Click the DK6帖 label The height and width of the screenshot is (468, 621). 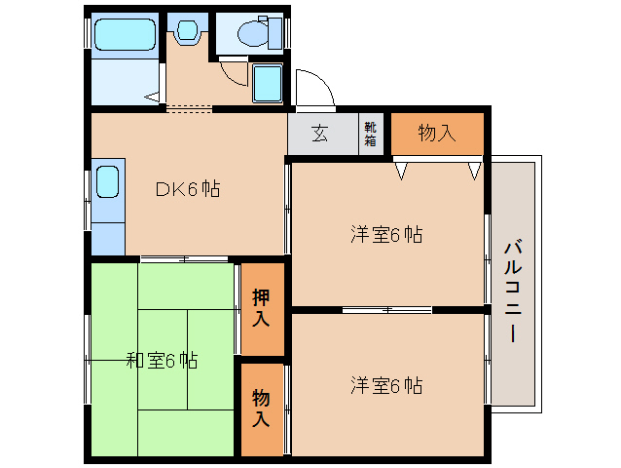pyautogui.click(x=189, y=189)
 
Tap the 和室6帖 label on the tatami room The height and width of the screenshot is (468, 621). pyautogui.click(x=162, y=361)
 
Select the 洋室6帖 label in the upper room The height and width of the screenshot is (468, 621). pyautogui.click(x=386, y=234)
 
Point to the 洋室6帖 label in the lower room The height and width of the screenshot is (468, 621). pyautogui.click(x=386, y=385)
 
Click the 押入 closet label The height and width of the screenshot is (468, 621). pyautogui.click(x=262, y=307)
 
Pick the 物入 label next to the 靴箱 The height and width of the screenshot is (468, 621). pyautogui.click(x=437, y=134)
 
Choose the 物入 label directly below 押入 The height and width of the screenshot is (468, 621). pyautogui.click(x=262, y=409)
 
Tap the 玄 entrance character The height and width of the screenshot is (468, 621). pyautogui.click(x=320, y=135)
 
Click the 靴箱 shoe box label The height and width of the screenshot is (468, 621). pyautogui.click(x=371, y=135)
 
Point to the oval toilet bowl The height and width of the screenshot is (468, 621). pyautogui.click(x=255, y=35)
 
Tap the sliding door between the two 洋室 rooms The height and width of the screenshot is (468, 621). pyautogui.click(x=386, y=309)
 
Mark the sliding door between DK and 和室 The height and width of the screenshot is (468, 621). pyautogui.click(x=185, y=259)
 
